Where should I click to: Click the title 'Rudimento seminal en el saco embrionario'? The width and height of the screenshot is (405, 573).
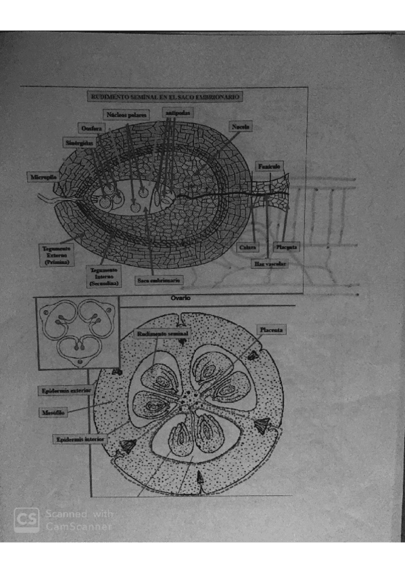(x=165, y=97)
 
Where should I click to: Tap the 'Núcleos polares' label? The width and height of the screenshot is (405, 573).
(x=126, y=114)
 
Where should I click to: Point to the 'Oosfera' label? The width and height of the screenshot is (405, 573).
(x=91, y=128)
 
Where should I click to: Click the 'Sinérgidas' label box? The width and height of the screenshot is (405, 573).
(x=80, y=143)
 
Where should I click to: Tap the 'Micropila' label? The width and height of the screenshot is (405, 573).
(x=42, y=177)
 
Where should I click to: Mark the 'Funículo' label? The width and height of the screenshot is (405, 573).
(x=269, y=166)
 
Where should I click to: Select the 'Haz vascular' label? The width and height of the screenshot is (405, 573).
(x=268, y=264)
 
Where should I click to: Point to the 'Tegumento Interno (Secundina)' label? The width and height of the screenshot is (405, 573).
(x=104, y=277)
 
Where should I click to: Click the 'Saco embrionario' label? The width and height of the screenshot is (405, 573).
(x=157, y=280)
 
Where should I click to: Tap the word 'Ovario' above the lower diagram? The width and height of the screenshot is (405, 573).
(x=181, y=297)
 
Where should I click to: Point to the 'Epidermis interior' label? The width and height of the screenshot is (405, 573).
(x=80, y=439)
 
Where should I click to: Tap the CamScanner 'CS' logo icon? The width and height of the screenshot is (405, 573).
(x=26, y=520)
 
